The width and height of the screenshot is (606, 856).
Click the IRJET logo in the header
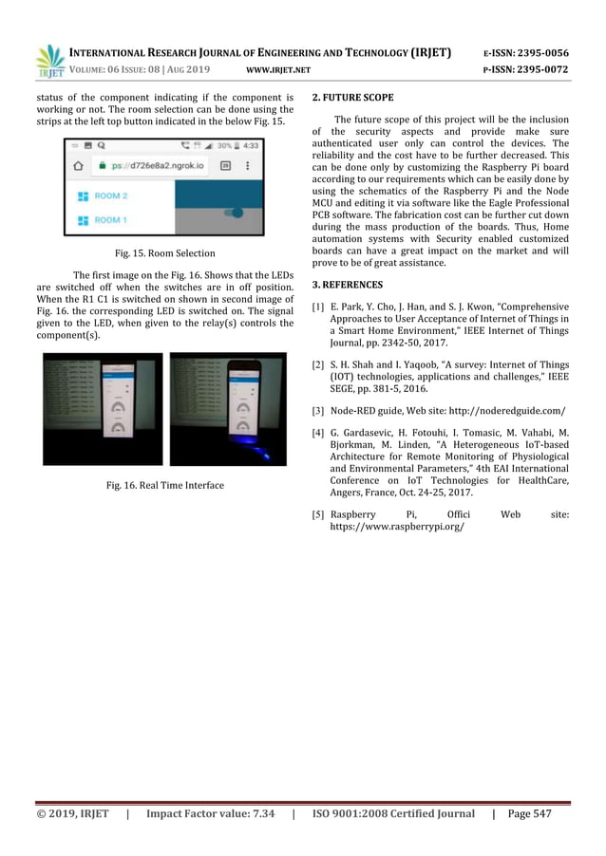[49, 61]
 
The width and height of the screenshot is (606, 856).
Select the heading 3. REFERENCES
[347, 285]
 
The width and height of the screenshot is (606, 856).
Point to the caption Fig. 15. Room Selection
[164, 253]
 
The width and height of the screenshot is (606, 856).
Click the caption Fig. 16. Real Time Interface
[164, 486]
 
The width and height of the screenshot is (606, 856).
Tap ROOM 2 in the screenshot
[110, 195]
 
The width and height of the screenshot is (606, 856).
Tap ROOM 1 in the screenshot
[110, 220]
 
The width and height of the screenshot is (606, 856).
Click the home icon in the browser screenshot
[79, 165]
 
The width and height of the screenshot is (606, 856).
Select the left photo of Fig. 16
[103, 408]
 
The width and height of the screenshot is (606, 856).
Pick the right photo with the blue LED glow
[227, 408]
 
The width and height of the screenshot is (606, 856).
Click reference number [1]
[317, 307]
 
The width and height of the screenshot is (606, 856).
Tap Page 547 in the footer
[530, 813]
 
